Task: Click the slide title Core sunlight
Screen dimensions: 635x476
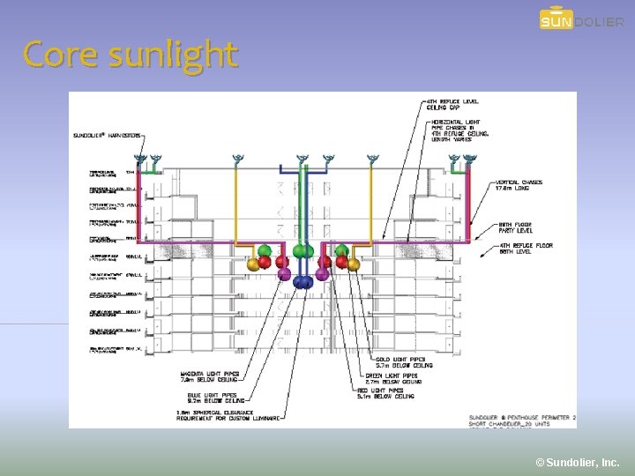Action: click(131, 55)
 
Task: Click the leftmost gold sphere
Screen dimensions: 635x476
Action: click(253, 264)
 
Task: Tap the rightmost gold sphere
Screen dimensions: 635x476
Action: click(353, 264)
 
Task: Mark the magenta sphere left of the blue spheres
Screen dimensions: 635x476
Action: click(284, 274)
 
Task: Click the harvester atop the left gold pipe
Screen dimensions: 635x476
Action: click(235, 160)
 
